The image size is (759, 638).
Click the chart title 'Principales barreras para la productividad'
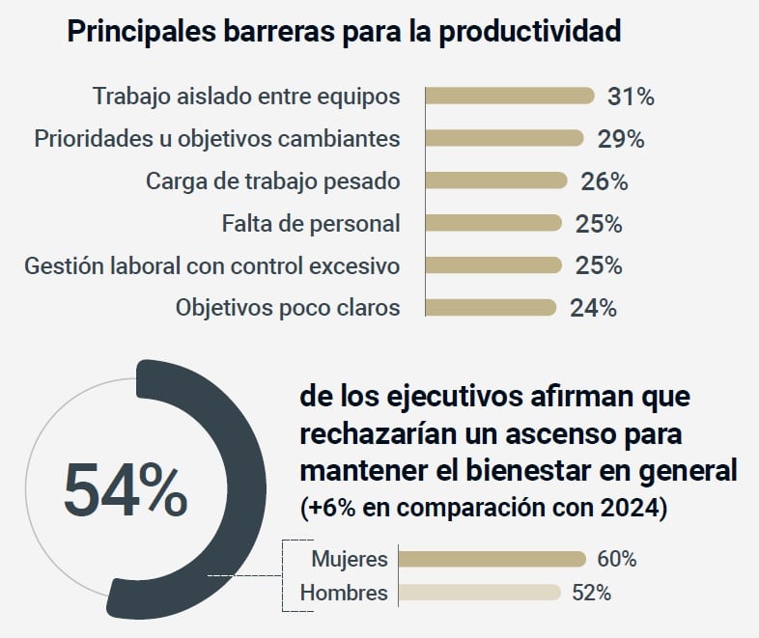[344, 32]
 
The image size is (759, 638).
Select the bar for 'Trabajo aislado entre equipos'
[510, 96]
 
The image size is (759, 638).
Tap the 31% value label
[632, 97]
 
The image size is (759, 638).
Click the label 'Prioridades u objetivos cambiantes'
[217, 138]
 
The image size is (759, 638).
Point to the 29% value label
[621, 139]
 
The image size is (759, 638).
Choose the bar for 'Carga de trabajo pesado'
[496, 180]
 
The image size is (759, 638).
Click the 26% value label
[604, 181]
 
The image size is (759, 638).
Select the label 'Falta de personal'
[311, 223]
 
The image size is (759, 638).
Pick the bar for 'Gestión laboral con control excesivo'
[493, 265]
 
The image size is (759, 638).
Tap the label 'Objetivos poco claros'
[288, 308]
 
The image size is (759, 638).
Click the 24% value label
[593, 309]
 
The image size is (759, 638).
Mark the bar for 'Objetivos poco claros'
[492, 308]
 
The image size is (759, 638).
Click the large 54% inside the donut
[126, 488]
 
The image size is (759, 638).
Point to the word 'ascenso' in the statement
[545, 434]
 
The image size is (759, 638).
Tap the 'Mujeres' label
[350, 559]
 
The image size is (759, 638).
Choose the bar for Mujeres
[492, 559]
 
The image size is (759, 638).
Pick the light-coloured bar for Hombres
[480, 593]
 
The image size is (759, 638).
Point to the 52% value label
[592, 593]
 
